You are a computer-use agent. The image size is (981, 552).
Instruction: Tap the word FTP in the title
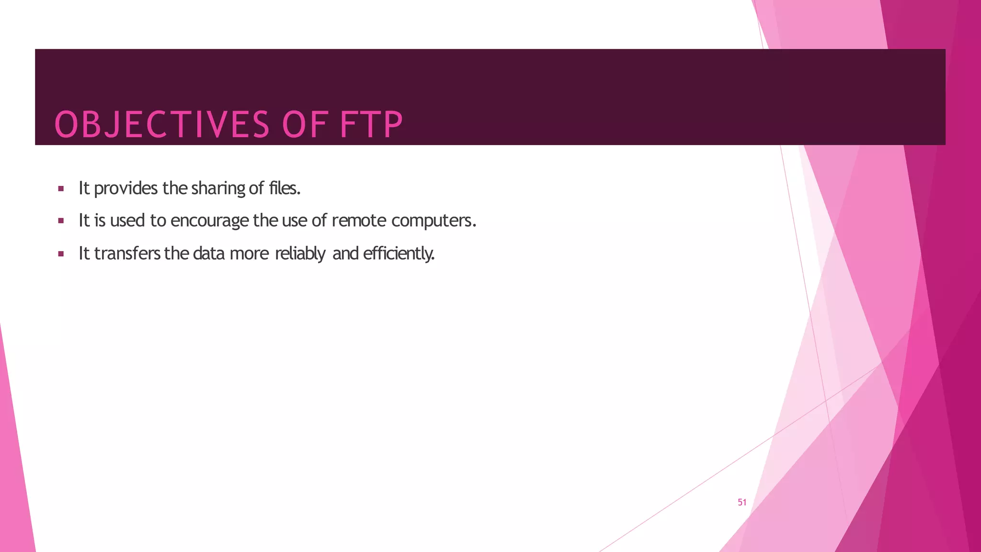pyautogui.click(x=371, y=125)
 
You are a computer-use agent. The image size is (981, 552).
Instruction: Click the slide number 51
pyautogui.click(x=742, y=502)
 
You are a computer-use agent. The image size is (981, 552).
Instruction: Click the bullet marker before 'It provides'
pyautogui.click(x=61, y=189)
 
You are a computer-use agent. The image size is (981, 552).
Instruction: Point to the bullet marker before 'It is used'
pyautogui.click(x=61, y=221)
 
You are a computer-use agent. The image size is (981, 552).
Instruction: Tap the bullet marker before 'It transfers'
pyautogui.click(x=61, y=254)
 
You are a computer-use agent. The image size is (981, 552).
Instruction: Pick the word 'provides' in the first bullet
pyautogui.click(x=125, y=189)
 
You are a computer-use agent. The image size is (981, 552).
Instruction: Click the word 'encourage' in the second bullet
pyautogui.click(x=209, y=221)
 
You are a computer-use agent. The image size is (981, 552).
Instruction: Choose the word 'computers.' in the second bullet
pyautogui.click(x=433, y=221)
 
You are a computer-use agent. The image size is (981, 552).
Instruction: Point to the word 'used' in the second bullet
pyautogui.click(x=127, y=220)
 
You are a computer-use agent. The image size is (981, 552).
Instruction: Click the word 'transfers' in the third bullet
pyautogui.click(x=127, y=253)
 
